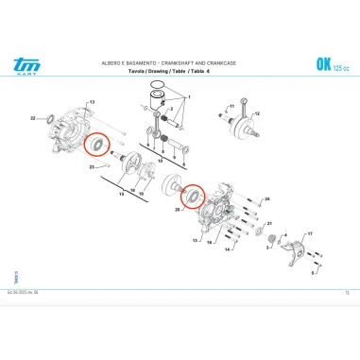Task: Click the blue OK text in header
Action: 319,63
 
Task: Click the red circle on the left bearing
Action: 94,146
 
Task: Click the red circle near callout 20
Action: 195,197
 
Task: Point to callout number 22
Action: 33,118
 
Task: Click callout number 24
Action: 266,199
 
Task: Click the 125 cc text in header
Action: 340,66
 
